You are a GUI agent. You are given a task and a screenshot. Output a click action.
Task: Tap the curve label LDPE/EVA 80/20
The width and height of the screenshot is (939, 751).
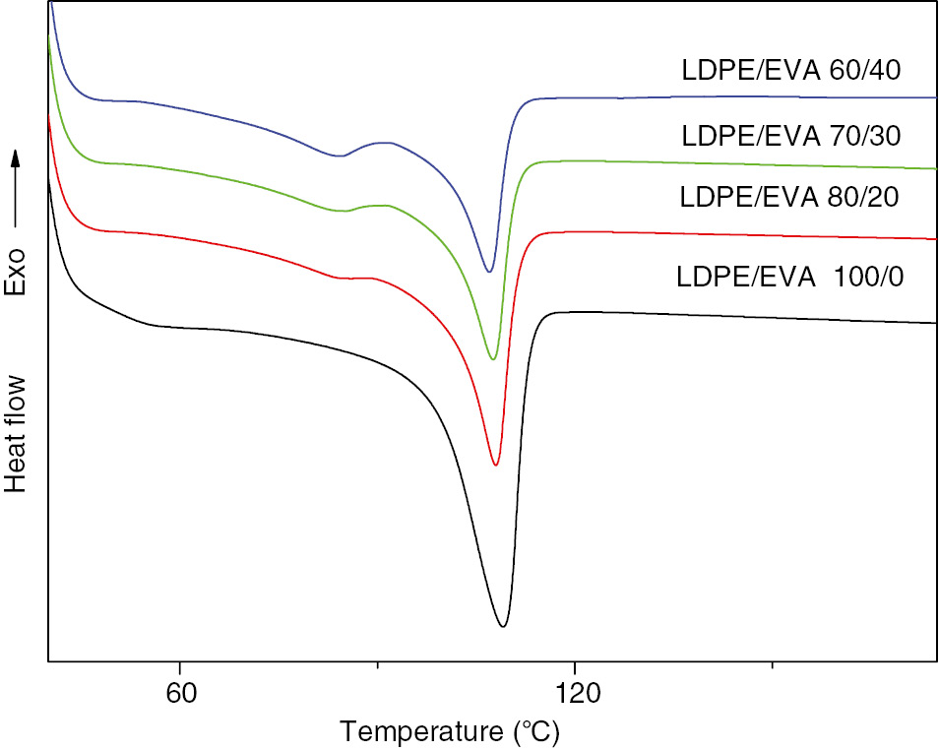pyautogui.click(x=790, y=197)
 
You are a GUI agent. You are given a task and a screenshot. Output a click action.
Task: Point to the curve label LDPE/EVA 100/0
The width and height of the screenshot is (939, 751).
pyautogui.click(x=790, y=276)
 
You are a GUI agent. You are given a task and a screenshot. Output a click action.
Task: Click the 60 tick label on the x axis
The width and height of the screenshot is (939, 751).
pyautogui.click(x=180, y=693)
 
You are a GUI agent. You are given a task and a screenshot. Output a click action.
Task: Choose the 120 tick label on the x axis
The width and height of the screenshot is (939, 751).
pyautogui.click(x=574, y=693)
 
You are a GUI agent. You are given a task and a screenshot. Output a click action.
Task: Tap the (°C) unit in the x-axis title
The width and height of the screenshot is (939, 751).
pyautogui.click(x=532, y=732)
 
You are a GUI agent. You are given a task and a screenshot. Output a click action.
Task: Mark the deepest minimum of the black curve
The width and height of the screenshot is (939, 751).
pyautogui.click(x=503, y=626)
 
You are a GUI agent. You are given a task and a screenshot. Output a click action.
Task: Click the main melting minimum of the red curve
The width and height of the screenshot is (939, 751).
pyautogui.click(x=495, y=465)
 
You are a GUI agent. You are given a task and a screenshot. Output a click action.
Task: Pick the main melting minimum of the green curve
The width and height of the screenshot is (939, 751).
pyautogui.click(x=493, y=359)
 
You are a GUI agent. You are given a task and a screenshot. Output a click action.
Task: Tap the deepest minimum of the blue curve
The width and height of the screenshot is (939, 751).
pyautogui.click(x=489, y=272)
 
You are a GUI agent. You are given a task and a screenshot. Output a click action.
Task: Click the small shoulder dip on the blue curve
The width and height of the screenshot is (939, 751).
pyautogui.click(x=340, y=156)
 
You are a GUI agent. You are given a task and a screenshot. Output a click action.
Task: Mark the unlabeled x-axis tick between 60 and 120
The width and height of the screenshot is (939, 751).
pyautogui.click(x=378, y=665)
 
